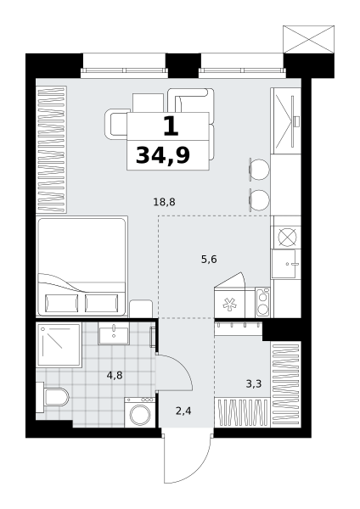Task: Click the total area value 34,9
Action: click(163, 155)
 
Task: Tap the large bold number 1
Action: click(171, 126)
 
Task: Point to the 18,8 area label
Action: click(164, 202)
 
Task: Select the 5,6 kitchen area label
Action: click(209, 260)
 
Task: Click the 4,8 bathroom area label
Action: click(115, 376)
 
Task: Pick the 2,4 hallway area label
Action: click(183, 411)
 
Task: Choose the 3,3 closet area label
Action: click(254, 384)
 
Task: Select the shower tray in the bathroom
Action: click(59, 344)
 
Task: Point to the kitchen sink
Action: click(286, 264)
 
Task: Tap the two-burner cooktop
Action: click(262, 303)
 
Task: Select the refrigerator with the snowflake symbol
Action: click(230, 304)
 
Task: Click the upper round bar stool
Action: click(259, 169)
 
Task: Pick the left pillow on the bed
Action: click(62, 303)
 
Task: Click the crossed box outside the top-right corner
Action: click(309, 39)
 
